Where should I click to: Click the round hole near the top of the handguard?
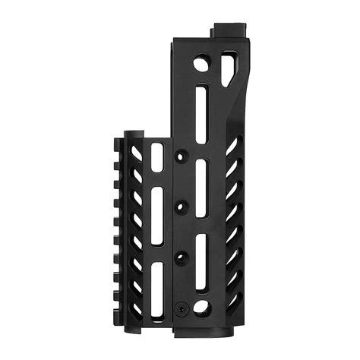201,65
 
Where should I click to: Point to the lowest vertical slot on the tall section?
201,263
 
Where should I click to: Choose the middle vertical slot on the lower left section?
157,219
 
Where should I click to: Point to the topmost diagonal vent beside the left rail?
137,153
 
